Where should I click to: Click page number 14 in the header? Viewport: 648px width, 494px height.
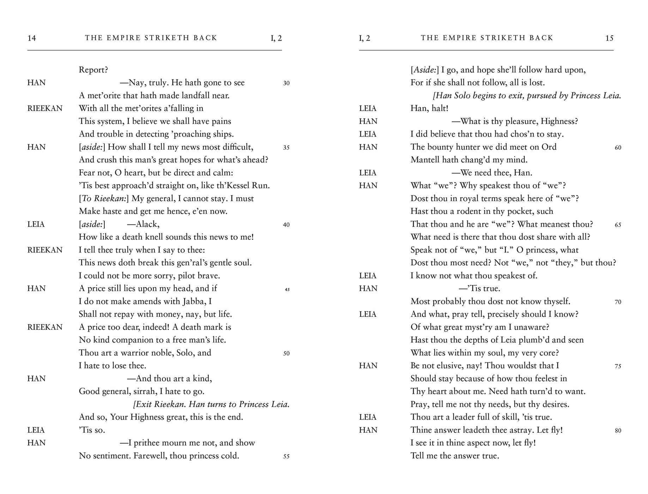[32, 38]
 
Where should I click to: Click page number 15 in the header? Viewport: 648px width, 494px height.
[609, 38]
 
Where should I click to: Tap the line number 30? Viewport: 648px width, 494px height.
[286, 83]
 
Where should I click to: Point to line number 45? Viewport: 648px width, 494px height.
[287, 290]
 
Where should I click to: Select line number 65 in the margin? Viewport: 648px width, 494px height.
[618, 225]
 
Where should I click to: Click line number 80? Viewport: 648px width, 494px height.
[618, 430]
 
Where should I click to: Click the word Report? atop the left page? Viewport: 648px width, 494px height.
[93, 70]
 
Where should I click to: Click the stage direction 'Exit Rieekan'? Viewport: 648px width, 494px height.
[159, 404]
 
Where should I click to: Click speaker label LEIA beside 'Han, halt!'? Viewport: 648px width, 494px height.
[368, 109]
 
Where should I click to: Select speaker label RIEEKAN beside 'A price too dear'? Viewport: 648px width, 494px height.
[45, 327]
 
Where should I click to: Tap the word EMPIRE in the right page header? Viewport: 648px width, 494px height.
[459, 38]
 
